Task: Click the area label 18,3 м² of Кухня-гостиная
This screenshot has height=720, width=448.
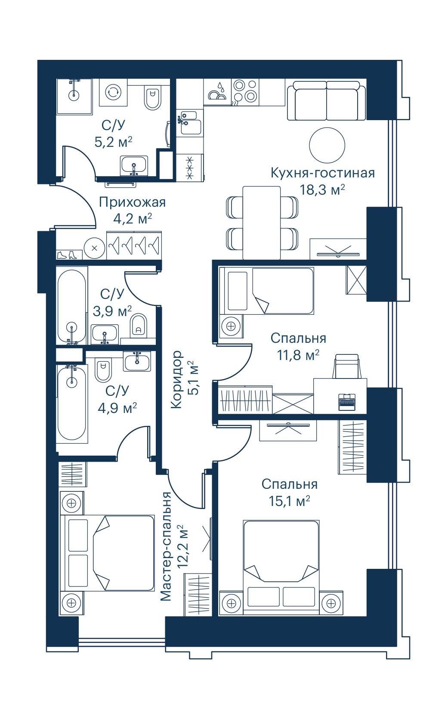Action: click(322, 189)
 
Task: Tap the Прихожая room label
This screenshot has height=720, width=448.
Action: click(132, 203)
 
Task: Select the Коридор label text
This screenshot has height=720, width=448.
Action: click(176, 380)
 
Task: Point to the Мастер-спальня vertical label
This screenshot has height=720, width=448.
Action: click(167, 546)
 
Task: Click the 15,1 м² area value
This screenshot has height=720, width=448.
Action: click(289, 501)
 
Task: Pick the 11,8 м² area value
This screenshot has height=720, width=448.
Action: click(298, 356)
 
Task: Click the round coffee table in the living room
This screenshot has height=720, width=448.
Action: click(327, 145)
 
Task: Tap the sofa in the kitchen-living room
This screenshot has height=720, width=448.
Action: click(326, 101)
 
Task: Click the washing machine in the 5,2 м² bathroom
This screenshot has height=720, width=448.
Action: click(113, 92)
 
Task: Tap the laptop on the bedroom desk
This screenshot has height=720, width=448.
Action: click(347, 402)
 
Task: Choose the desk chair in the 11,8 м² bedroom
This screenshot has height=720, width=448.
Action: click(347, 366)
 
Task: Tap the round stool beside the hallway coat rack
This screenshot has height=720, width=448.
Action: click(94, 248)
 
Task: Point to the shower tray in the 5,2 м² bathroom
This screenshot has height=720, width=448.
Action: click(74, 96)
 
